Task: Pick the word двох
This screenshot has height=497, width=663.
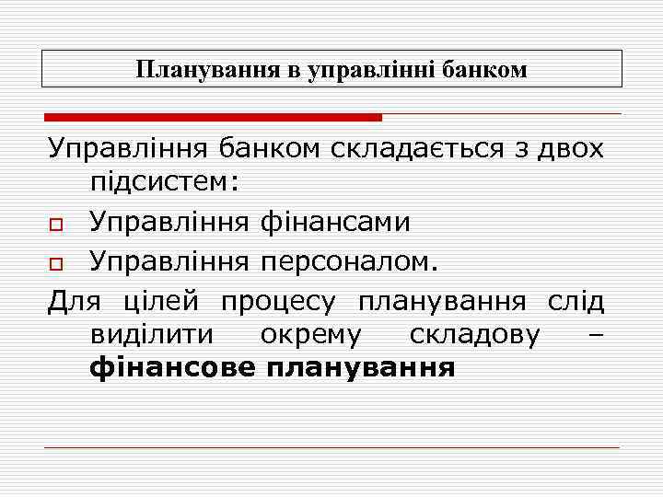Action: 573,148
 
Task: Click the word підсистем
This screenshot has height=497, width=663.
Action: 165,184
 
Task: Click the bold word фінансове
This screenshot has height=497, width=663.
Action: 171,369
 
